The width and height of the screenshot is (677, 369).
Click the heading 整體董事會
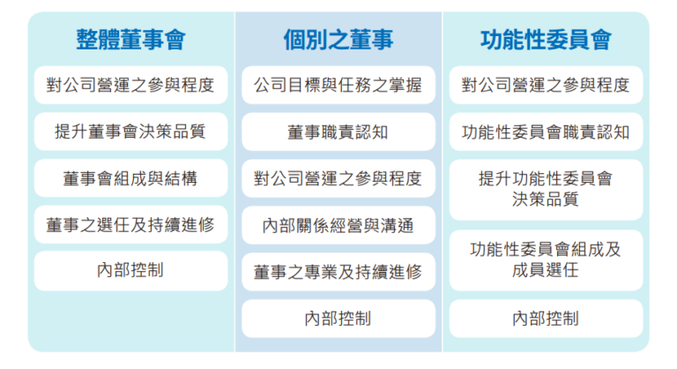tap(130, 40)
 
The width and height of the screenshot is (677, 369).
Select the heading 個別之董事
tap(338, 40)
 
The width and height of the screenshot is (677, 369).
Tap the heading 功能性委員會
tap(546, 40)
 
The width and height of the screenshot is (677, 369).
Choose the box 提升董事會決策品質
tap(130, 132)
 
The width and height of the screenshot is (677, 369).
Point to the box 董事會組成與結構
tap(130, 178)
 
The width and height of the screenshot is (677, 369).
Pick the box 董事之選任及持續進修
tap(130, 224)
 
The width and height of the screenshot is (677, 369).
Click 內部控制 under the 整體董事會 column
tap(130, 271)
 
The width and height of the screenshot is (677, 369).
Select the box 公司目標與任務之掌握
tap(338, 85)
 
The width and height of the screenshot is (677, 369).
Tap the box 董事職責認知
tap(338, 132)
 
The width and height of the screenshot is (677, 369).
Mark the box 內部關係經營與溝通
tap(338, 225)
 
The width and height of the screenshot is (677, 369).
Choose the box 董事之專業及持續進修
tap(338, 272)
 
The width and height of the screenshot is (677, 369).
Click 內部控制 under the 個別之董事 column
tap(338, 319)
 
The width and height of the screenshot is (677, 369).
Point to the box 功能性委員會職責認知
tap(546, 132)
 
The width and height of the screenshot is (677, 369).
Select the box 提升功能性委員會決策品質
tap(546, 190)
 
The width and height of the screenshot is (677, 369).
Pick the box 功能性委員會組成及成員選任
tap(546, 260)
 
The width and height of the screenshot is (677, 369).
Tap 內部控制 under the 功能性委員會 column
tap(546, 319)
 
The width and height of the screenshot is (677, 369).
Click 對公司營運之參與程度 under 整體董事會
tap(130, 85)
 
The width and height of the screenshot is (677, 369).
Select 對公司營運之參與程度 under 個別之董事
tap(338, 178)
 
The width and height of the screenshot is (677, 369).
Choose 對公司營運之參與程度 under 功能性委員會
tap(546, 85)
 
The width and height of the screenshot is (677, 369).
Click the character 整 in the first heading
tap(86, 40)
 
